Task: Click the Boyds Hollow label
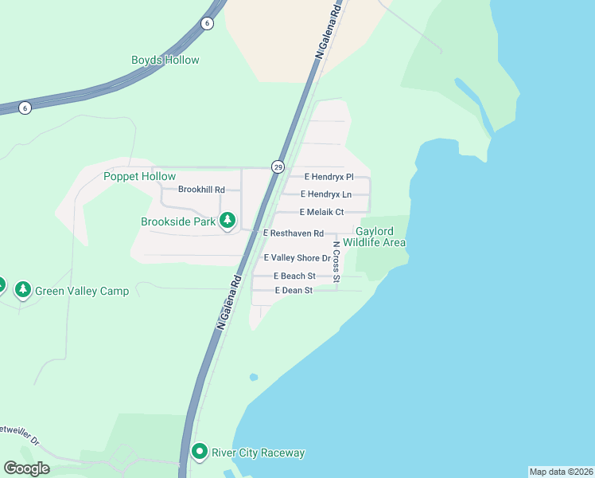pyautogui.click(x=165, y=60)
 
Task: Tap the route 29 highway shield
pyautogui.click(x=278, y=167)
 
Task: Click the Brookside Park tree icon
pyautogui.click(x=228, y=219)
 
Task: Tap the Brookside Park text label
pyautogui.click(x=178, y=221)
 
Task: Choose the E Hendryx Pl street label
pyautogui.click(x=329, y=177)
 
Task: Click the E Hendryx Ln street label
pyautogui.click(x=326, y=194)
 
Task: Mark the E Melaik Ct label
pyautogui.click(x=321, y=212)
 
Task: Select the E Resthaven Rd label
pyautogui.click(x=294, y=233)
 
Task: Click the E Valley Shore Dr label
pyautogui.click(x=297, y=258)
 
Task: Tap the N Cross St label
pyautogui.click(x=336, y=261)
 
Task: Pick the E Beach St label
pyautogui.click(x=294, y=276)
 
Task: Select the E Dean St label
pyautogui.click(x=294, y=291)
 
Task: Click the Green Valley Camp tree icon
pyautogui.click(x=23, y=288)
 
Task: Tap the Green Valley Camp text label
pyautogui.click(x=82, y=291)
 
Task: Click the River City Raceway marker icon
pyautogui.click(x=199, y=452)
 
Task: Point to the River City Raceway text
pyautogui.click(x=258, y=453)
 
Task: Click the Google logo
pyautogui.click(x=26, y=468)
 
